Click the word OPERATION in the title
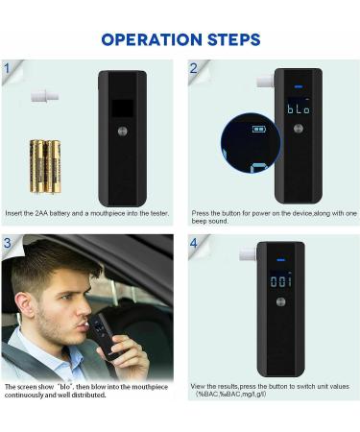click(149, 39)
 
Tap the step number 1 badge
click(8, 69)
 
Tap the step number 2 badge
click(193, 69)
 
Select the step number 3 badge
click(8, 243)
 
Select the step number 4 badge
click(193, 243)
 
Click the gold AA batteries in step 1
click(44, 165)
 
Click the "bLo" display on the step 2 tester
click(298, 108)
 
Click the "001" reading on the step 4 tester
click(280, 281)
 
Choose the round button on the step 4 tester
click(280, 303)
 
